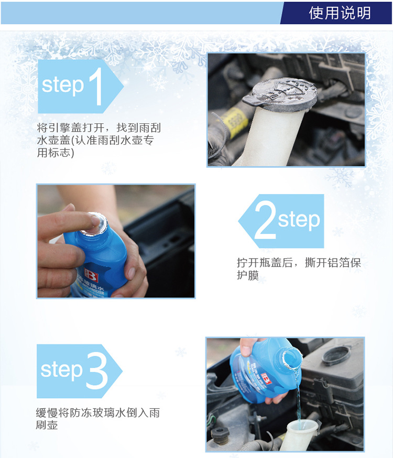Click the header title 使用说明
340,13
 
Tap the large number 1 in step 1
96,86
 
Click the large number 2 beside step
265,220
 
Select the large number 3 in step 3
97,370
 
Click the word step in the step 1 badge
63,86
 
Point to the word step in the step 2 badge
299,220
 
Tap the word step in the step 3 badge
61,370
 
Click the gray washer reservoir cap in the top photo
281,94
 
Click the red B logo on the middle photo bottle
91,275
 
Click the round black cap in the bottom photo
336,356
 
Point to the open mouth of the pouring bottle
291,358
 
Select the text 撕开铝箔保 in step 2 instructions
333,263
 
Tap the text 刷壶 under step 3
47,425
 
